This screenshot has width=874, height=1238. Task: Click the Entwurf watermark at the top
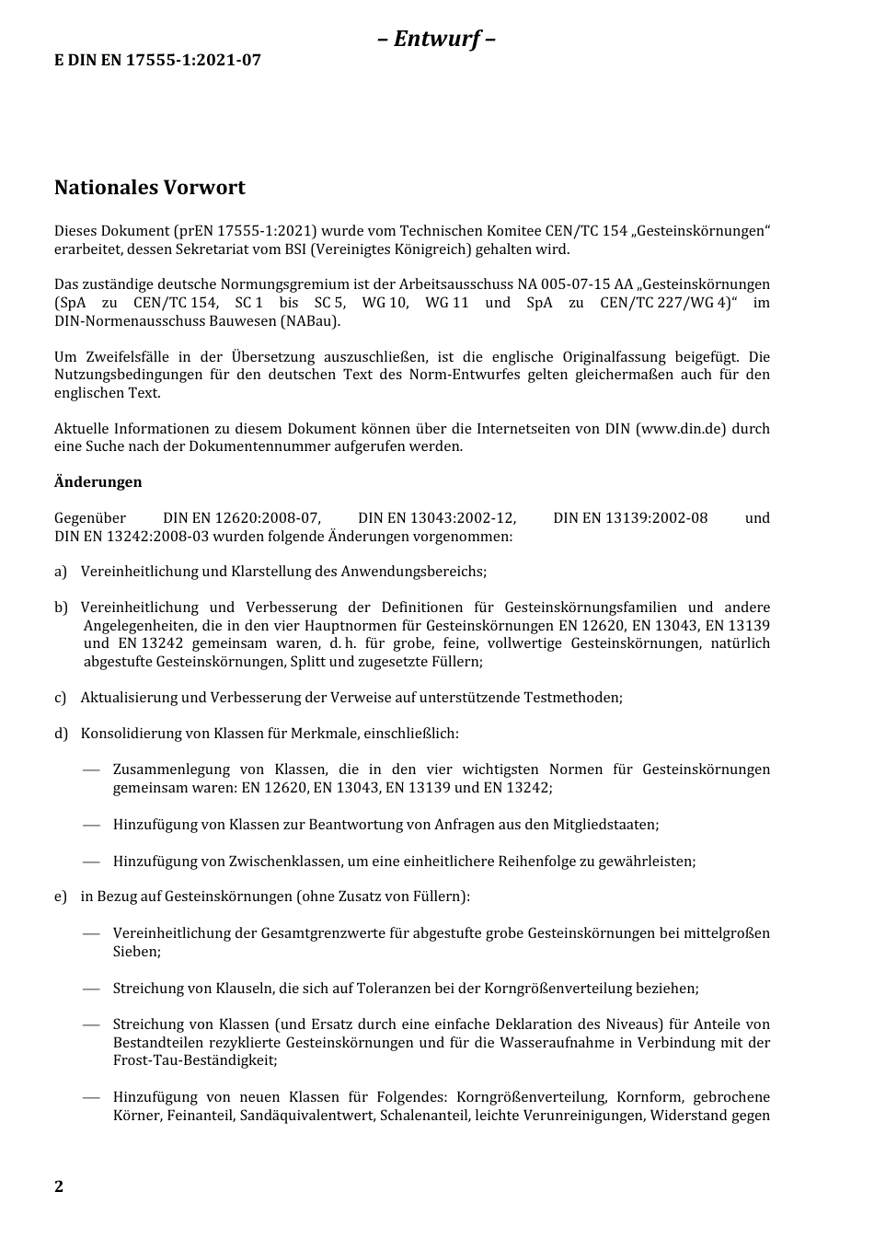[x=437, y=39]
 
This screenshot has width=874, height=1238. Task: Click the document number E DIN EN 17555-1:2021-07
[x=157, y=60]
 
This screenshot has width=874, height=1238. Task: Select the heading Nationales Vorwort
[x=150, y=188]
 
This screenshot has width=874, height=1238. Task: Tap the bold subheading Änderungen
[x=98, y=482]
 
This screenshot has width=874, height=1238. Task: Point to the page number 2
[x=59, y=1186]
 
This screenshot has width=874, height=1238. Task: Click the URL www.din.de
[x=681, y=429]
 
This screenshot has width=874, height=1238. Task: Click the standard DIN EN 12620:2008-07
[x=240, y=518]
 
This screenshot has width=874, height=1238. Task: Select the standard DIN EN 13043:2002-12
[x=437, y=518]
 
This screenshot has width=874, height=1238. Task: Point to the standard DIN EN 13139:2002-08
[x=630, y=518]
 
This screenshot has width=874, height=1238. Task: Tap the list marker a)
[x=61, y=572]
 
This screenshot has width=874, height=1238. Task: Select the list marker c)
[x=61, y=698]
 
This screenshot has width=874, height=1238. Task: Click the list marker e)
[x=61, y=897]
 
